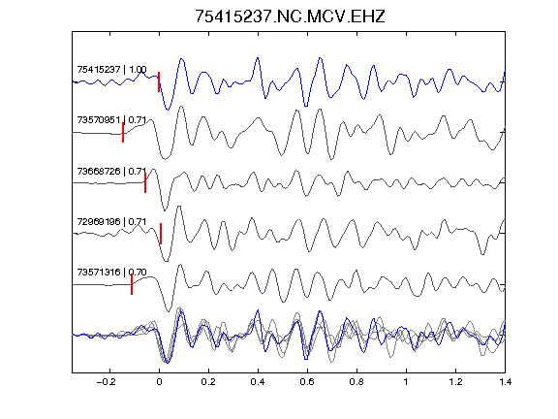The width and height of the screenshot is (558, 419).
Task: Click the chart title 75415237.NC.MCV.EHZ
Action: (x=290, y=16)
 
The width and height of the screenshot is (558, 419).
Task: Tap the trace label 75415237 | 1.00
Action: (x=111, y=69)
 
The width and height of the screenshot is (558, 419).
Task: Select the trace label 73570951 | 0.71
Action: (x=111, y=120)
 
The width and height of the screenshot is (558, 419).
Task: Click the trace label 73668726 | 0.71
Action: (x=111, y=172)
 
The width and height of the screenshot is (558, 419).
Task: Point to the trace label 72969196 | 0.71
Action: (x=111, y=221)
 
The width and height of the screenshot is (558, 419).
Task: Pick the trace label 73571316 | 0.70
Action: (x=111, y=273)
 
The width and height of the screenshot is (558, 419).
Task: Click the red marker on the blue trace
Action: (x=159, y=81)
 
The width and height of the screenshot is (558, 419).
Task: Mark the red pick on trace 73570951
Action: (x=123, y=133)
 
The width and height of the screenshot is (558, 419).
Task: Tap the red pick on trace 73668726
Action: (x=145, y=182)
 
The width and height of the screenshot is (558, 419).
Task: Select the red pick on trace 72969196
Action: (x=161, y=234)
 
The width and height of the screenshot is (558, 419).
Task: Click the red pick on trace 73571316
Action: (x=132, y=284)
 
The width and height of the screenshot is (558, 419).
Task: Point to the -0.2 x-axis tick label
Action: (x=107, y=382)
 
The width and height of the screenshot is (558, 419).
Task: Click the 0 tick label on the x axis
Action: (x=159, y=382)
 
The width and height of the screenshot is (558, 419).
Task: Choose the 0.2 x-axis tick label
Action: (x=208, y=382)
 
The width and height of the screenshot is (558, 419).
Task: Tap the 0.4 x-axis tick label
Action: (x=258, y=382)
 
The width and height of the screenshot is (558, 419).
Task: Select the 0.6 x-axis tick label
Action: (x=307, y=382)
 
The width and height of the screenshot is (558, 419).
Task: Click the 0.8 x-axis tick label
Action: (x=356, y=382)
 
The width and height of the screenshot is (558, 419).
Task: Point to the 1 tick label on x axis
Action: (x=406, y=382)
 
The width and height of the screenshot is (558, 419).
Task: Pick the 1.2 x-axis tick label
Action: (x=455, y=382)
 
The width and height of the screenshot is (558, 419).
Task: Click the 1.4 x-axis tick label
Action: (x=505, y=382)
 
